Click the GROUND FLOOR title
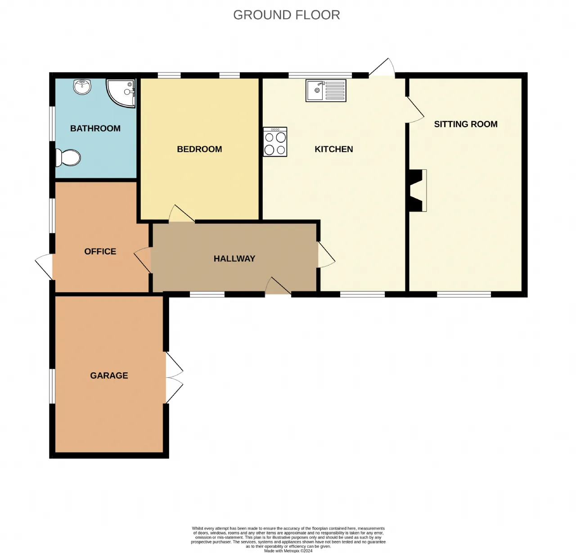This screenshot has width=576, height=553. pyautogui.click(x=287, y=15)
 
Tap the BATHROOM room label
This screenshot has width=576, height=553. pyautogui.click(x=95, y=128)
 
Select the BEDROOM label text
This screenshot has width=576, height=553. pyautogui.click(x=199, y=149)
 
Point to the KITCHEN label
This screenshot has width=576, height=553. pyautogui.click(x=334, y=149)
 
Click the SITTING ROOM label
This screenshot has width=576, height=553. pyautogui.click(x=466, y=124)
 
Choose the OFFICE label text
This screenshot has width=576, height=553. pyautogui.click(x=100, y=251)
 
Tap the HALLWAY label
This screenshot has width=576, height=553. pyautogui.click(x=234, y=258)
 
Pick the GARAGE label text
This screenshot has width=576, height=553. pyautogui.click(x=109, y=376)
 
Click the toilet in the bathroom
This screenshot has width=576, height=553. pyautogui.click(x=68, y=157)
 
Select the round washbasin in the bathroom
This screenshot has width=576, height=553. pyautogui.click(x=82, y=86)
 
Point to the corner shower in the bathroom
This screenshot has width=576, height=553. pyautogui.click(x=121, y=93)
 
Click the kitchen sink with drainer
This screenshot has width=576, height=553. pyautogui.click(x=326, y=91)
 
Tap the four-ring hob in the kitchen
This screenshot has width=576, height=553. pyautogui.click(x=275, y=142)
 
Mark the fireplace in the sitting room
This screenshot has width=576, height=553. pyautogui.click(x=418, y=190)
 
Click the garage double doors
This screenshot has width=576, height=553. pyautogui.click(x=174, y=378)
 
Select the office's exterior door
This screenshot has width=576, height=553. pyautogui.click(x=44, y=267)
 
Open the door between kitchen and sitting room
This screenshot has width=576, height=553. pyautogui.click(x=415, y=109)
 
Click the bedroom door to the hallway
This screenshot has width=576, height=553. pyautogui.click(x=181, y=213)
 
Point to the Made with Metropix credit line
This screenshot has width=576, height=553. pyautogui.click(x=288, y=551)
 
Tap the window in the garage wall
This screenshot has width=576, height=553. pyautogui.click(x=52, y=386)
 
